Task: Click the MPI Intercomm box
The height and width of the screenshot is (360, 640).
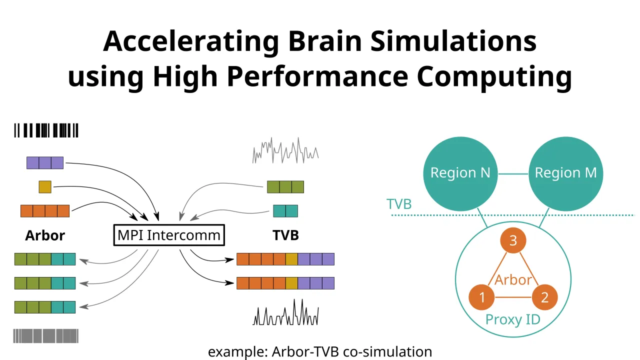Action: point(169,235)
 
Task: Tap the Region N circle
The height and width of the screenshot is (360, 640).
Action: point(460,173)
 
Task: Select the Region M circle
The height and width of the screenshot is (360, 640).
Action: point(565,173)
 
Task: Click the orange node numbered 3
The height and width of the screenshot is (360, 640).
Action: point(513,241)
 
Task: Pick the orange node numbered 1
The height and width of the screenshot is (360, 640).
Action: point(482,297)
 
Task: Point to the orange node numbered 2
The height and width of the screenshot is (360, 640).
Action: point(544,297)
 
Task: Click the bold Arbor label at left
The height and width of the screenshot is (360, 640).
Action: point(45,235)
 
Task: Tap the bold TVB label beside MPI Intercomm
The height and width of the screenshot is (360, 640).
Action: point(285,235)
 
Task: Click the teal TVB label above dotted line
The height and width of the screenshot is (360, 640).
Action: point(399,204)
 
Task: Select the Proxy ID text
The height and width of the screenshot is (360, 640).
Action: point(513,319)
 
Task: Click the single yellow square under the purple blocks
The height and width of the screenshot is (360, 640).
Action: point(45,187)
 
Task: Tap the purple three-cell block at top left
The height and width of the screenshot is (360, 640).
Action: point(45,163)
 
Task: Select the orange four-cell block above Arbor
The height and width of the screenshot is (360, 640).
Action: point(45,211)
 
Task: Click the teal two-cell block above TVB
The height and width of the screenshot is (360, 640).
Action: point(285,211)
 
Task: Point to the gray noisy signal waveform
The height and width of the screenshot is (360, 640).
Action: point(285,150)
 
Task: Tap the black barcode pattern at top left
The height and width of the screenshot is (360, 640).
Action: point(46,130)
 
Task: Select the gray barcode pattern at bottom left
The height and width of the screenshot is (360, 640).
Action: point(46,335)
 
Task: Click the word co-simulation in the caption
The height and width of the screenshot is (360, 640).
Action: point(388,351)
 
